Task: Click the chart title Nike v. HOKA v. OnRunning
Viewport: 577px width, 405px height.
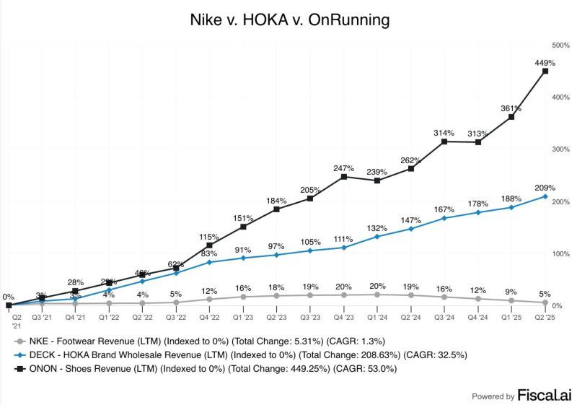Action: coord(288,19)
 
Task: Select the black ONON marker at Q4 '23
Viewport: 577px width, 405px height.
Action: coord(344,176)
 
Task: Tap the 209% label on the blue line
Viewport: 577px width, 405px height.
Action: coord(545,187)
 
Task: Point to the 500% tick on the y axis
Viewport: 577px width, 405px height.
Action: coord(561,45)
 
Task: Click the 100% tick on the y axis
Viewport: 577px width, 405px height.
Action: coord(561,254)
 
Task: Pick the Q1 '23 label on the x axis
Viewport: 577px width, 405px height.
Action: coord(243,317)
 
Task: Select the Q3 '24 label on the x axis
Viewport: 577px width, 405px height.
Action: coord(444,317)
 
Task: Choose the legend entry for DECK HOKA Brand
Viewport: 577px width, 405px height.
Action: coord(209,356)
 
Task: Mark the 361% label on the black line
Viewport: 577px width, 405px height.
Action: coord(511,108)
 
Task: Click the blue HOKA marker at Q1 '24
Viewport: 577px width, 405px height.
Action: coord(377,237)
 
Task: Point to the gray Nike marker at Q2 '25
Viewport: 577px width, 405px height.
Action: coord(545,302)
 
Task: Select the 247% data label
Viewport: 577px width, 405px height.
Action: coord(344,167)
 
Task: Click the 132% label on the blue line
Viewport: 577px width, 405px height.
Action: coord(377,228)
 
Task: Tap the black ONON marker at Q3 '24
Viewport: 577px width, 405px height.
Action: coord(444,141)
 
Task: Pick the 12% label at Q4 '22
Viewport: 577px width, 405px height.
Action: coord(210,291)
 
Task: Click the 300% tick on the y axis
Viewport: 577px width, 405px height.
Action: coord(561,149)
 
